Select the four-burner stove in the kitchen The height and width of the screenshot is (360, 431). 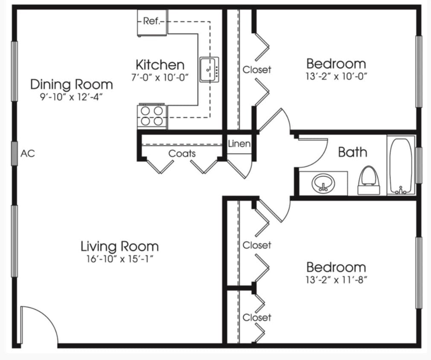pos(152,116)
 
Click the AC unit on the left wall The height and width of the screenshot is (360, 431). pos(15,154)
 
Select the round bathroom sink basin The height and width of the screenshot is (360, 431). pos(323,183)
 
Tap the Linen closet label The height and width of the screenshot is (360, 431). pos(239,144)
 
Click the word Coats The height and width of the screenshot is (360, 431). pos(182,154)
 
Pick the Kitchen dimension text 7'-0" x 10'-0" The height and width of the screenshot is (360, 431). pos(160,77)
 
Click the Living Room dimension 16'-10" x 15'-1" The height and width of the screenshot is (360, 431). pos(119,258)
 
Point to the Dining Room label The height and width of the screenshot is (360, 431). pos(71,84)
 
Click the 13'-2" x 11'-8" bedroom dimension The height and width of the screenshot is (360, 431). pos(336,280)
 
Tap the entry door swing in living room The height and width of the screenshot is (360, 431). pos(38,324)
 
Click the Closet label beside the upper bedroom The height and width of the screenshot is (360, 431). pos(257,69)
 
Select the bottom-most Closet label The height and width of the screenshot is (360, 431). pos(257,318)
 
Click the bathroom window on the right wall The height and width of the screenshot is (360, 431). pos(419,165)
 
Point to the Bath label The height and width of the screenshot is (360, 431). pos(352,152)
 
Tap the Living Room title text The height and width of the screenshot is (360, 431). pos(119,246)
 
